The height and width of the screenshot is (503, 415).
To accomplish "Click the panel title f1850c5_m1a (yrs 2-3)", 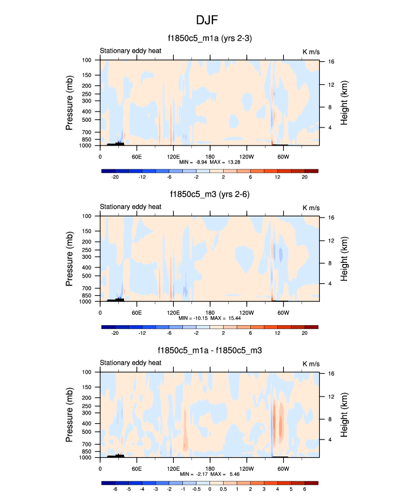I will tap(209, 39).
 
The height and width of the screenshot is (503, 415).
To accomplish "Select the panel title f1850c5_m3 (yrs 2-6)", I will tap(209, 194).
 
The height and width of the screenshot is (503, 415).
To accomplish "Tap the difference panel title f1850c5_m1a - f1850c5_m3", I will tap(209, 351).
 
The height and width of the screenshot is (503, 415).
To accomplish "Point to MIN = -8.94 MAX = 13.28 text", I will tap(209, 162).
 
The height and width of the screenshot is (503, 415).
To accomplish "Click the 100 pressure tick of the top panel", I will tap(87, 60).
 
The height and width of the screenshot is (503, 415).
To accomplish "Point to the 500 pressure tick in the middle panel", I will tap(87, 276).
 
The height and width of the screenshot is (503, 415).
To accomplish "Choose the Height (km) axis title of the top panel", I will tap(344, 102).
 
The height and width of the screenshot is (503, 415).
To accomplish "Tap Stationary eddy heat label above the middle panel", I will tap(131, 207).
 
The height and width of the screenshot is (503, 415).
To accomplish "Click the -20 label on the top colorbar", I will tap(115, 177).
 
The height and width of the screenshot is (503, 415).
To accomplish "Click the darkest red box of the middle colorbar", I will tap(311, 327).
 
